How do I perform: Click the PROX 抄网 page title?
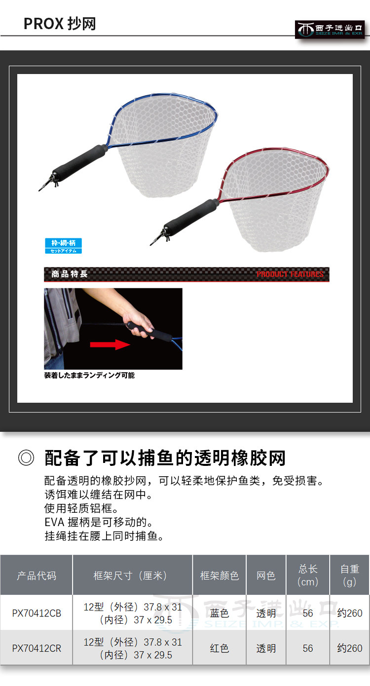60,24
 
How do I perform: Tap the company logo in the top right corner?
330,30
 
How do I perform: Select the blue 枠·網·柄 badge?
63,246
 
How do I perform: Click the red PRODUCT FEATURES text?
290,274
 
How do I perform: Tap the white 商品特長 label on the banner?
70,274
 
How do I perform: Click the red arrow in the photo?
110,344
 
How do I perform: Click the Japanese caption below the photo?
89,375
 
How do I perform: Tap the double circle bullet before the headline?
26,458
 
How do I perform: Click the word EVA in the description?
54,522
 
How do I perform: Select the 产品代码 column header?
37,575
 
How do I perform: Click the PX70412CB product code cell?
37,613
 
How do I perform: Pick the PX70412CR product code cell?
37,648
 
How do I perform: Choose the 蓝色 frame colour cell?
220,613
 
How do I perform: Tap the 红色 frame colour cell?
220,648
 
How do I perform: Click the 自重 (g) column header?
349,575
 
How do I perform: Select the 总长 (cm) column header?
308,575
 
